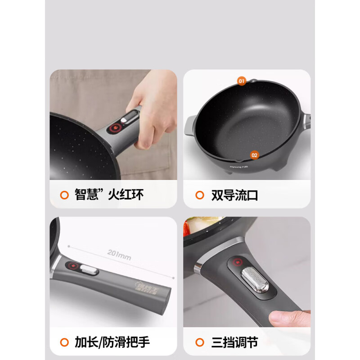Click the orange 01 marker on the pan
242,81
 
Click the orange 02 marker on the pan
255,155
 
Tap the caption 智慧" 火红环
109,195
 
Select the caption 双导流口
234,195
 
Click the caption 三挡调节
234,342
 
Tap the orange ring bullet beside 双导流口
200,195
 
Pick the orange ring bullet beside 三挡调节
200,342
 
